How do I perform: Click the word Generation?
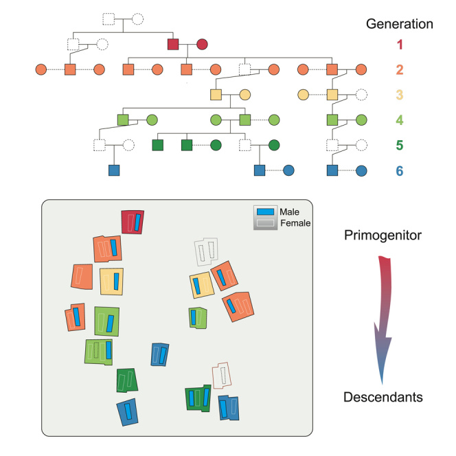(399, 24)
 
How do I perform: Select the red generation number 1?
(399, 45)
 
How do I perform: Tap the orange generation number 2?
(399, 69)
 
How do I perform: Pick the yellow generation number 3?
(399, 94)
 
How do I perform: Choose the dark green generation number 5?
(399, 144)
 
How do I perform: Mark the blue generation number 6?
(399, 169)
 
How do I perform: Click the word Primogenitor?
(383, 236)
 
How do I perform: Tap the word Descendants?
(383, 397)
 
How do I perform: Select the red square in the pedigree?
(174, 45)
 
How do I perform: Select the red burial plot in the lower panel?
(132, 221)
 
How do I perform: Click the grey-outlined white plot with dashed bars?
(205, 252)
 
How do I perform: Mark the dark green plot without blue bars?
(126, 380)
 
